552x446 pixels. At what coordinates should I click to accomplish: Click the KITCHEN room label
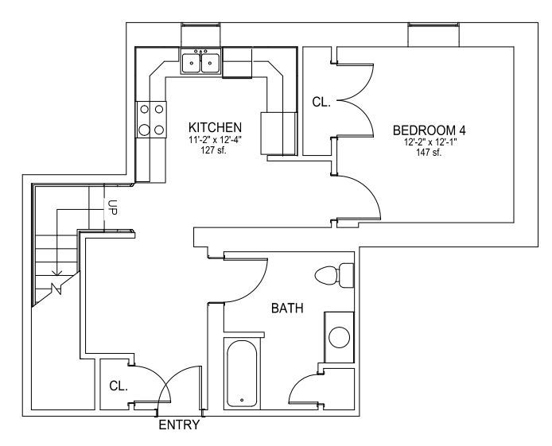tap(215, 127)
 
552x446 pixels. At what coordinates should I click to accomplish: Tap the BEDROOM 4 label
tap(430, 130)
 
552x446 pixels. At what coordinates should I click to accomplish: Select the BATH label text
tap(287, 308)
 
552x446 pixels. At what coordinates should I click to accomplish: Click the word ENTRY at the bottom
tap(179, 425)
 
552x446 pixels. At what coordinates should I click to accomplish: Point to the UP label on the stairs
tap(113, 207)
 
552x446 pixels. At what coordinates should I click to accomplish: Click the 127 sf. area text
tap(214, 150)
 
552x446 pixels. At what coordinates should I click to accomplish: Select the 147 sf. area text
tap(429, 153)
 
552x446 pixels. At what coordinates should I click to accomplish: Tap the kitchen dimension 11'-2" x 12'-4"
tap(215, 140)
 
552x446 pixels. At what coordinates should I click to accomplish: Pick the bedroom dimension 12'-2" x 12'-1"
tap(430, 142)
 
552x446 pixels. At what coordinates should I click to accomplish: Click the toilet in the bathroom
tap(334, 275)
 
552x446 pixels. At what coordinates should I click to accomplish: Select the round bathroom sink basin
tap(340, 337)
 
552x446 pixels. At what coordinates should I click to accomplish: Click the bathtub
tap(242, 374)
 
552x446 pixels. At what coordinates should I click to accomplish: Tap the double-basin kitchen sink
tap(201, 61)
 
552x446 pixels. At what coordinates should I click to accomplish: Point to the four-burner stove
tap(151, 119)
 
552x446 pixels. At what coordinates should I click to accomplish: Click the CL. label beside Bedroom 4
tap(321, 102)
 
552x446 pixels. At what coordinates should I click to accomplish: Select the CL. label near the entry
tap(119, 386)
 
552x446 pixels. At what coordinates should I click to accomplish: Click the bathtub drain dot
tap(242, 400)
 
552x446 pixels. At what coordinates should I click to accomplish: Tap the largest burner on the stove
tap(144, 130)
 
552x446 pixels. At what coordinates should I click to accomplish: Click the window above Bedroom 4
tap(433, 34)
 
